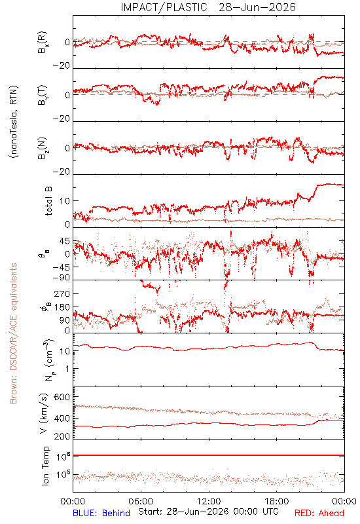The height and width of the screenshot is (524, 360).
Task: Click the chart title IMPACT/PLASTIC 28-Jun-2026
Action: coord(208,7)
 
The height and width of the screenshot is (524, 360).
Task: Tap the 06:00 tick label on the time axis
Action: coord(141,501)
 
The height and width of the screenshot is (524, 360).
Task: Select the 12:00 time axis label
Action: coord(209,501)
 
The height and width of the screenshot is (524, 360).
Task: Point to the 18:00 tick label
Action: coord(277,501)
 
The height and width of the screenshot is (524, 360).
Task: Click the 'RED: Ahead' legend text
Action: coord(319,513)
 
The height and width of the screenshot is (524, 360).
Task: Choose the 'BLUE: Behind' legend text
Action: coord(101,513)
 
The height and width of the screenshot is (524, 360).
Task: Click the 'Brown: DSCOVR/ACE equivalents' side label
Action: coord(13,333)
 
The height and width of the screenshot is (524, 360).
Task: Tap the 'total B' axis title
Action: coord(48,201)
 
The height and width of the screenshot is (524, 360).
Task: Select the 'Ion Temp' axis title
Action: coord(45,466)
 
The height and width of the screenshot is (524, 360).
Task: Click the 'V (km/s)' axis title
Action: coord(44,413)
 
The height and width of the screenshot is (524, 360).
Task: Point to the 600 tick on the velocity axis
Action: coord(62,397)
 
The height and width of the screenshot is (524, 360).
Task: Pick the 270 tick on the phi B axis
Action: coord(62,293)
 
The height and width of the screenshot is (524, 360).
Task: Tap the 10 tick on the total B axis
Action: coord(65,201)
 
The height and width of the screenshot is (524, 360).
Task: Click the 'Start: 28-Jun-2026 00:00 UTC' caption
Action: coord(208,512)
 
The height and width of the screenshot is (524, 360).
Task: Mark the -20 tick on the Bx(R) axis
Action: coord(62,66)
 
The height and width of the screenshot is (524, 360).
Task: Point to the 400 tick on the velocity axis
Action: coord(62,419)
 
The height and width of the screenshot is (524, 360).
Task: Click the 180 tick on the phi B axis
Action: coord(62,307)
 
